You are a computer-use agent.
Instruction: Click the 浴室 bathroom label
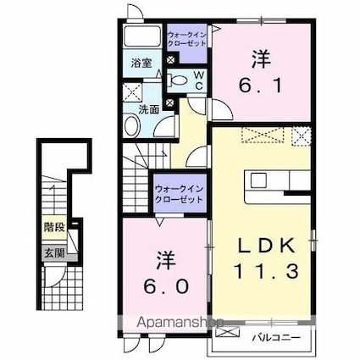tap(141, 63)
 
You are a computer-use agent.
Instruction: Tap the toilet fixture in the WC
tap(177, 80)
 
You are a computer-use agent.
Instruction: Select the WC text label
tap(199, 80)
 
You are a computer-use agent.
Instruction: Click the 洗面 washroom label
tap(149, 109)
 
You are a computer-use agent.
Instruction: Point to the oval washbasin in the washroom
tap(132, 125)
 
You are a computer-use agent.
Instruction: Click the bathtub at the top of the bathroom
tap(142, 36)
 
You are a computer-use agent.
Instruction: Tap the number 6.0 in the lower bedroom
tap(166, 286)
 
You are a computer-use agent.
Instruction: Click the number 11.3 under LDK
tap(266, 271)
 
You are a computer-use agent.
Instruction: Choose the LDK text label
tap(267, 245)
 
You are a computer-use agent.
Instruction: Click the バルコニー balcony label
tap(276, 337)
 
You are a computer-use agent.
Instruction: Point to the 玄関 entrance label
tap(55, 253)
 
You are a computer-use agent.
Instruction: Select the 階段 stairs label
tap(55, 227)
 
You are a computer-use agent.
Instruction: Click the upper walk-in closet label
tap(187, 39)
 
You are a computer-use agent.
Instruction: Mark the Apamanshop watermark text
tap(180, 323)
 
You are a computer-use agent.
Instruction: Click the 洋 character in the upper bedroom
tap(262, 59)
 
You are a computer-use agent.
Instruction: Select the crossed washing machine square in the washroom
tap(132, 92)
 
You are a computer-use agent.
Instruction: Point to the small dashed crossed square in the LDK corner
tap(302, 136)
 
